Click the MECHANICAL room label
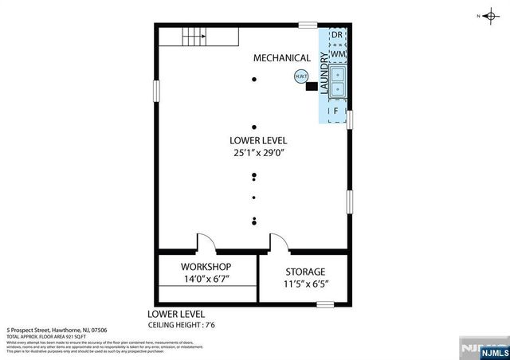(281, 58)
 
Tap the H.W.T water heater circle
(300, 77)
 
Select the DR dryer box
(336, 36)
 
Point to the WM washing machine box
(336, 53)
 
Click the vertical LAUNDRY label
(324, 73)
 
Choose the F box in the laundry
(336, 110)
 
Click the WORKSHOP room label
(206, 266)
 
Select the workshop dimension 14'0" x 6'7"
(206, 280)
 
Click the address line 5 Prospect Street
(57, 330)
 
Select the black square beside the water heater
(311, 87)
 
